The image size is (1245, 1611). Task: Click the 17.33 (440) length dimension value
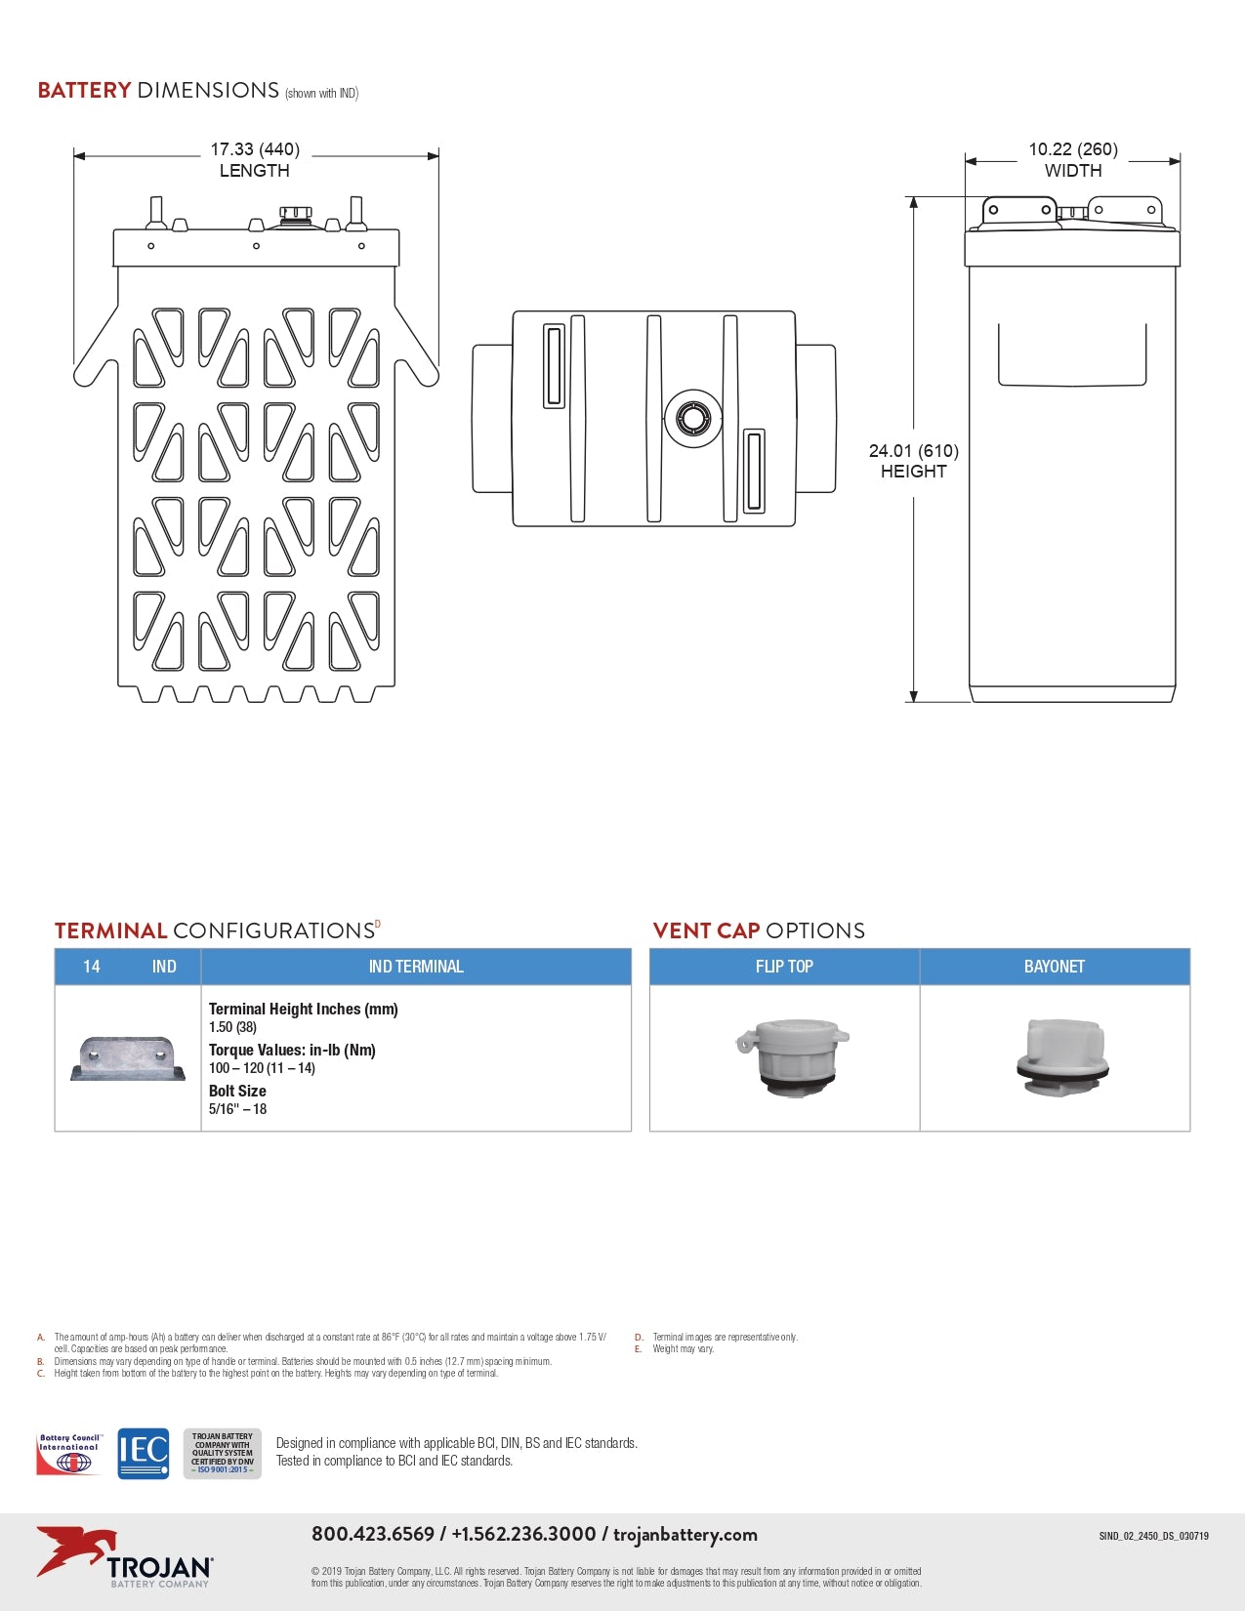[255, 149]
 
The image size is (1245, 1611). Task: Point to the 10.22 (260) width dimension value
[1073, 149]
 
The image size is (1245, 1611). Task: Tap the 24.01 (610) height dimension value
[914, 451]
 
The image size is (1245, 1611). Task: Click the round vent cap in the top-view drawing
[692, 418]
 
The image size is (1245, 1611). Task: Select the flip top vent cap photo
[793, 1057]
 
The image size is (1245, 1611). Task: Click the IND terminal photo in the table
[128, 1058]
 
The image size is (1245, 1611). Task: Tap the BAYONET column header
[1054, 966]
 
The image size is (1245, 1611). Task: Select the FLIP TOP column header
[784, 966]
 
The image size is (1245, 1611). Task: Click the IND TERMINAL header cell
[416, 966]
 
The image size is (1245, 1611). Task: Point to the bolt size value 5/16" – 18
[237, 1109]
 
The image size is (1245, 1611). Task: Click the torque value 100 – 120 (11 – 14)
[262, 1068]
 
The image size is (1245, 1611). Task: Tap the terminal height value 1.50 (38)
[232, 1027]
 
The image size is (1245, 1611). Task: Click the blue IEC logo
[144, 1453]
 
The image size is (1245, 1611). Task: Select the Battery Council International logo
[68, 1454]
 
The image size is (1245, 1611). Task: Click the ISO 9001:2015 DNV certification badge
[223, 1453]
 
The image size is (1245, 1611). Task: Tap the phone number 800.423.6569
[373, 1534]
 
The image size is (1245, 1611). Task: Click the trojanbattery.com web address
[685, 1535]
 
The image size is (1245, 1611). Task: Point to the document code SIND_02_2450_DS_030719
[1153, 1536]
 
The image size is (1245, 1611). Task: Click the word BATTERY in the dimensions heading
[85, 91]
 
